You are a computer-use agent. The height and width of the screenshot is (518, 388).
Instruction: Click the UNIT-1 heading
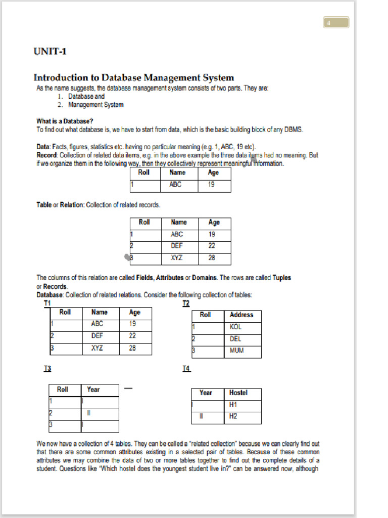(x=50, y=51)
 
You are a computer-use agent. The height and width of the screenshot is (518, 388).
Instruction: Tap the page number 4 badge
(x=336, y=23)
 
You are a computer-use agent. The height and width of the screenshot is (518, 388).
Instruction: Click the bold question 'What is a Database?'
(x=64, y=121)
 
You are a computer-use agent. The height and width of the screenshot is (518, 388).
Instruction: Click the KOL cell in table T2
(x=236, y=327)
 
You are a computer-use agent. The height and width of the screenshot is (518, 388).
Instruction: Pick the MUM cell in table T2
(x=236, y=351)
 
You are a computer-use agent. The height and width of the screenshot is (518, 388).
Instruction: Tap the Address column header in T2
(x=241, y=315)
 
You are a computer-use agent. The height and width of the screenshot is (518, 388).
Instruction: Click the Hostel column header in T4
(x=238, y=393)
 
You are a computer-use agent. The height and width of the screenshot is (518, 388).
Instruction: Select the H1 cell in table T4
(x=233, y=405)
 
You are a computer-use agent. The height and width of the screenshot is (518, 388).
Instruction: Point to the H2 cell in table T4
(x=233, y=416)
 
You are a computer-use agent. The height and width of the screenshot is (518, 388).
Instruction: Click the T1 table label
(x=47, y=303)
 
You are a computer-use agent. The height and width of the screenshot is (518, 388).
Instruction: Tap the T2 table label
(x=186, y=303)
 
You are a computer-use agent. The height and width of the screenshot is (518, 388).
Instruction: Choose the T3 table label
(x=47, y=369)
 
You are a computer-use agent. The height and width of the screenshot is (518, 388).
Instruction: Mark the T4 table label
(x=186, y=369)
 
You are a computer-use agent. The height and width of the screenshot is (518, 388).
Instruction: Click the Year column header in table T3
(x=93, y=390)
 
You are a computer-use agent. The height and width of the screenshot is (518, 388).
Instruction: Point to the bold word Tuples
(x=282, y=278)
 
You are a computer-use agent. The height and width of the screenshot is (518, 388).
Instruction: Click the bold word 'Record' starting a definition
(x=47, y=155)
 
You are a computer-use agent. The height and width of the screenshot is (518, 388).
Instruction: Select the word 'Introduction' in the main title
(x=60, y=77)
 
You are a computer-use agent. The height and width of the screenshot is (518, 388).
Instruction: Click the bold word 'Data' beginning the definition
(x=43, y=147)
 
